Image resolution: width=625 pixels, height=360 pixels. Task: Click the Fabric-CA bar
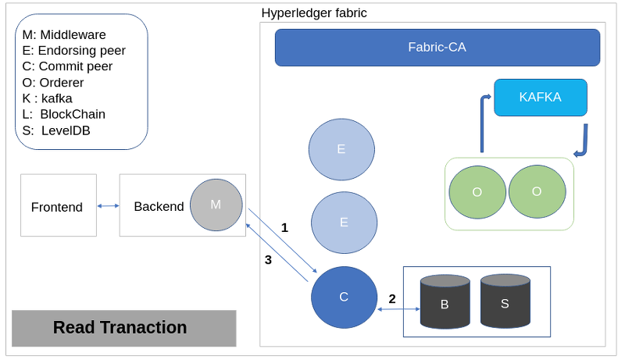click(437, 48)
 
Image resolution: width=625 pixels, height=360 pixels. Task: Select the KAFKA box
click(541, 98)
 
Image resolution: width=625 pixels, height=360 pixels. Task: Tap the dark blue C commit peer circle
click(344, 298)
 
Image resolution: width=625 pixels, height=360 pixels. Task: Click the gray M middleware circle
click(216, 205)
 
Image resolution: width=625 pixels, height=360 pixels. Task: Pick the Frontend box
click(59, 205)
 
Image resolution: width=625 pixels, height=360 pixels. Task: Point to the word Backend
click(159, 207)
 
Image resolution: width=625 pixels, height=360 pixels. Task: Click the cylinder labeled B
click(445, 301)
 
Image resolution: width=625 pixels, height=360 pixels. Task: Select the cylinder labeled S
click(505, 301)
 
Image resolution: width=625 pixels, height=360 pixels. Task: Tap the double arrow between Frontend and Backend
click(108, 206)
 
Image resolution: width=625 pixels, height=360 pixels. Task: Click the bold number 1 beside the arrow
click(284, 228)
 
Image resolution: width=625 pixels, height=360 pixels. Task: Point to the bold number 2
click(392, 298)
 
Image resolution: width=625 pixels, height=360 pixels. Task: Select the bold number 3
click(268, 260)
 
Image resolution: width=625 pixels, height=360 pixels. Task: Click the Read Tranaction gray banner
click(124, 328)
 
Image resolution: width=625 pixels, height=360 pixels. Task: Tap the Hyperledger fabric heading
click(314, 13)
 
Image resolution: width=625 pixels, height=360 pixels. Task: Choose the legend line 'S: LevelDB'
click(56, 130)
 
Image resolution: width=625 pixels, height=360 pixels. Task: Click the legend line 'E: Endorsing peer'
click(73, 51)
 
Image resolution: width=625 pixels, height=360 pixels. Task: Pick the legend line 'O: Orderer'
click(53, 83)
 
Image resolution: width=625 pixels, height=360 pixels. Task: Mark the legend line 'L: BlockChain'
click(64, 114)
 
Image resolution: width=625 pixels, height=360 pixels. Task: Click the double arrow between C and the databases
click(398, 309)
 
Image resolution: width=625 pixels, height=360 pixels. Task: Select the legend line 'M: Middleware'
click(64, 34)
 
